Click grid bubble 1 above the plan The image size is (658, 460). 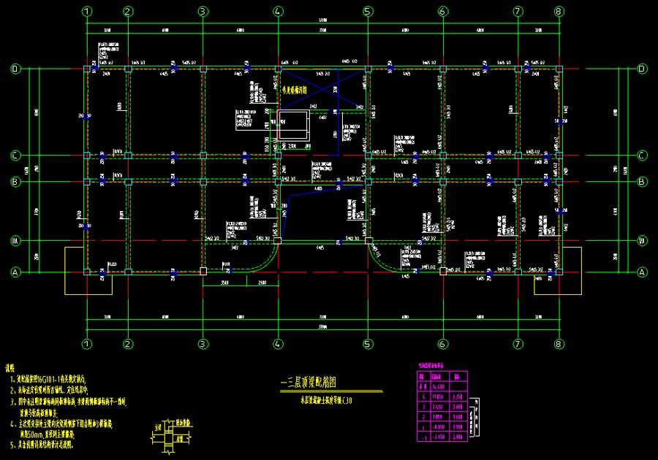tap(87, 11)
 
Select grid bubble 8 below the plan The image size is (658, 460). tap(559, 344)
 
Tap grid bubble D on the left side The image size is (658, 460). tap(14, 69)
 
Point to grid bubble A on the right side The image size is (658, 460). tap(643, 272)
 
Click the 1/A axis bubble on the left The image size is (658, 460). tap(14, 240)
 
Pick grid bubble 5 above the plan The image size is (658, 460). tap(368, 11)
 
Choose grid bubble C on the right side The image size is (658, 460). tap(643, 155)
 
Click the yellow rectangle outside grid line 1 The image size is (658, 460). tap(75, 270)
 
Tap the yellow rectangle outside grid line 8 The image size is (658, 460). tap(568, 270)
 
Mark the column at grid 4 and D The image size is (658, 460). tap(278, 69)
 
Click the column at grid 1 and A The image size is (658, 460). tap(87, 272)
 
